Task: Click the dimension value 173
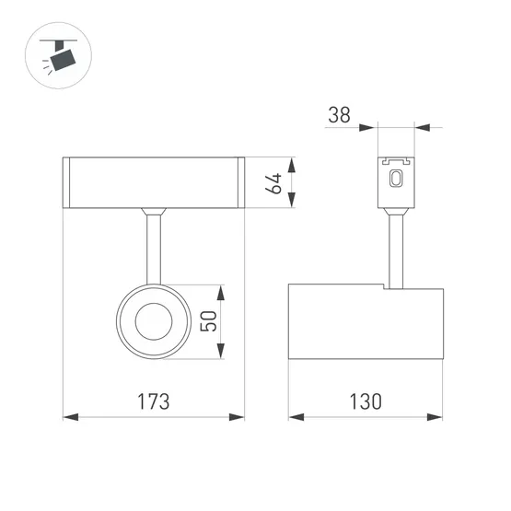tap(154, 402)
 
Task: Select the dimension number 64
tap(273, 184)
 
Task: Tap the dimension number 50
tap(208, 321)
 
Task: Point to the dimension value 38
tap(339, 115)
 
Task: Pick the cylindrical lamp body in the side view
tap(367, 321)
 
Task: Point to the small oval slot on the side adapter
tap(397, 180)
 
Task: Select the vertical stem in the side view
tap(397, 249)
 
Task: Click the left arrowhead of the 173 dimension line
tap(67, 417)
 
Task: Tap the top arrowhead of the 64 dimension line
tap(293, 163)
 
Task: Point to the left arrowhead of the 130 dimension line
tap(295, 417)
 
